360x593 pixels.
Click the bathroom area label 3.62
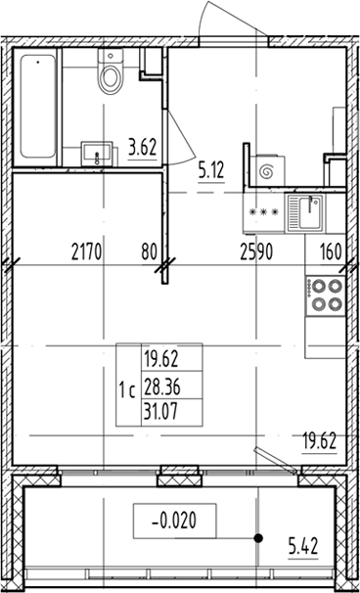pos(143,150)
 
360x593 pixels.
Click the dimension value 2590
pos(258,250)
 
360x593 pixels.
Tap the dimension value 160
pos(331,250)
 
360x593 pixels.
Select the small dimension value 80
pos(149,250)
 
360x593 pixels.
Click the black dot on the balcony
pos(259,537)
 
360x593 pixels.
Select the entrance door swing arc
pos(217,18)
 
